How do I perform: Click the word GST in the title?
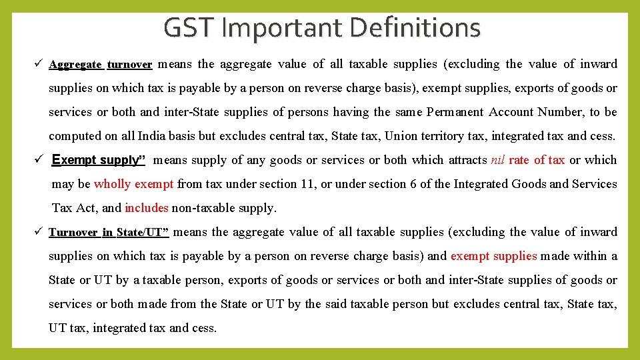(187, 28)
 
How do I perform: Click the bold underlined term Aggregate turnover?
(101, 65)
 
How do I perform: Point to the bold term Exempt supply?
(99, 160)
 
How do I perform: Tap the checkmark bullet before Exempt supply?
(39, 160)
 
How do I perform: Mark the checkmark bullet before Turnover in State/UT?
(39, 232)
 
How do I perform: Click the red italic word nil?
(498, 160)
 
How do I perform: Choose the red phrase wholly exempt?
(133, 184)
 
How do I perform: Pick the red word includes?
(146, 208)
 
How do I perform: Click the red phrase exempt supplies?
(493, 256)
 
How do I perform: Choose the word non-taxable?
(199, 208)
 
